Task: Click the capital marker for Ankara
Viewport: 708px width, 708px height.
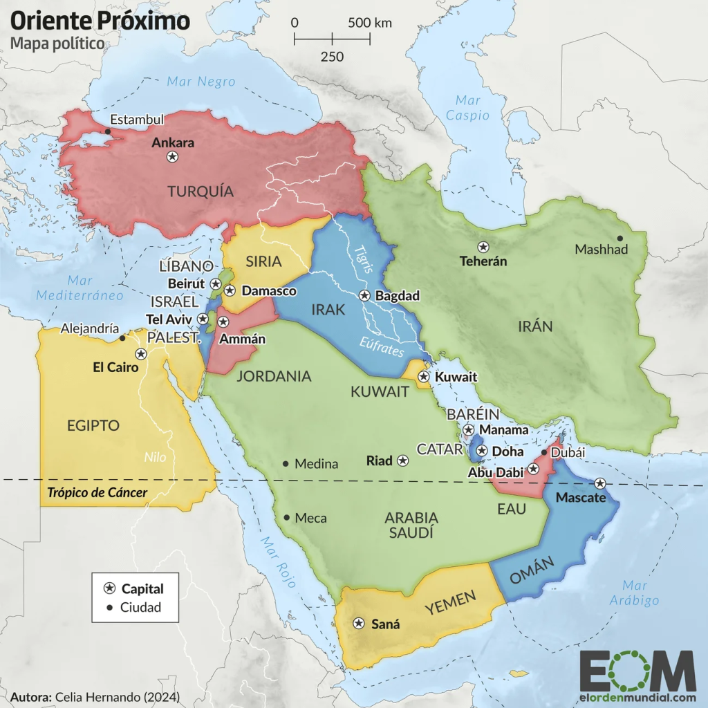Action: (x=172, y=157)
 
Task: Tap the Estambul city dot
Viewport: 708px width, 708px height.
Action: (x=108, y=131)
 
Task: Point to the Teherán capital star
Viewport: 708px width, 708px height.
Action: (x=483, y=247)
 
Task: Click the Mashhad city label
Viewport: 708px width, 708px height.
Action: (x=602, y=249)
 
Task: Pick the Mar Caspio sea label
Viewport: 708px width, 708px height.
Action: (x=467, y=108)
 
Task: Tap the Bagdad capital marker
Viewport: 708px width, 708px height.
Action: (x=364, y=296)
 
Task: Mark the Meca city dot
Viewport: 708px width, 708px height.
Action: (x=286, y=517)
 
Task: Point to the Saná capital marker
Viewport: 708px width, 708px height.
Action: (x=359, y=624)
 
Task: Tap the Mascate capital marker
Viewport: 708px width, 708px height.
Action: (x=600, y=483)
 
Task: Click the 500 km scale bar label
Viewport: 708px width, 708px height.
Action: (x=370, y=22)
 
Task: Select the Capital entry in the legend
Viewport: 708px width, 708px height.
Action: (x=142, y=589)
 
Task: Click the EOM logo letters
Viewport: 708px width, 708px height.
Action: (x=637, y=671)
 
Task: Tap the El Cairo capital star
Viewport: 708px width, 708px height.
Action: (x=141, y=354)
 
